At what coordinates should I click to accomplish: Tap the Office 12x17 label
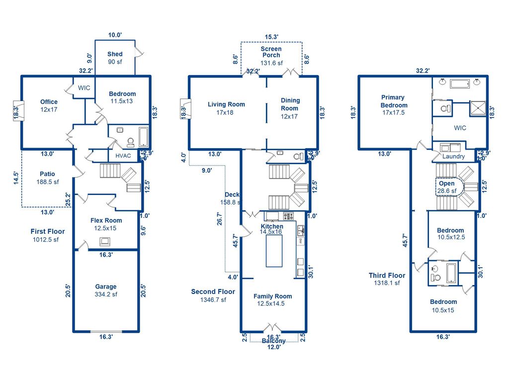coord(49,105)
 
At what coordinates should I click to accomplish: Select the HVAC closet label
coord(123,156)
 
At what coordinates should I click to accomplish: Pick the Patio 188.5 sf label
coord(47,178)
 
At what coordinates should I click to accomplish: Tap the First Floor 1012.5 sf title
coord(48,235)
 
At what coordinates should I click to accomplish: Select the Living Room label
coord(226,108)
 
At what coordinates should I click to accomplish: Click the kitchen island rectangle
coord(274,251)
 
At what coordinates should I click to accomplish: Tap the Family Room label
coord(272,300)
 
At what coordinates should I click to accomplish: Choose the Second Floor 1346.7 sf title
coord(213,295)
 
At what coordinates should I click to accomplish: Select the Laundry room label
coord(453,156)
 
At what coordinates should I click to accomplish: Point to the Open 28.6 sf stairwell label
coord(447,187)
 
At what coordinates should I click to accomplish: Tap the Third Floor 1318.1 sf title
coord(387,279)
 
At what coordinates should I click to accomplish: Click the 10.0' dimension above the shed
coord(115,35)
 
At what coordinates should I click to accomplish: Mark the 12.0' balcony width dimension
coord(274,347)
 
